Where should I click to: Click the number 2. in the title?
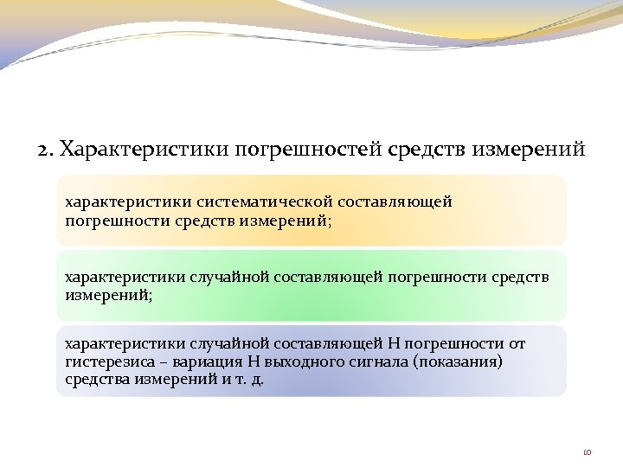[x=46, y=150]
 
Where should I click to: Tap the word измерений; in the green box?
[x=97, y=295]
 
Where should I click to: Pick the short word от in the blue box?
[x=516, y=343]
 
